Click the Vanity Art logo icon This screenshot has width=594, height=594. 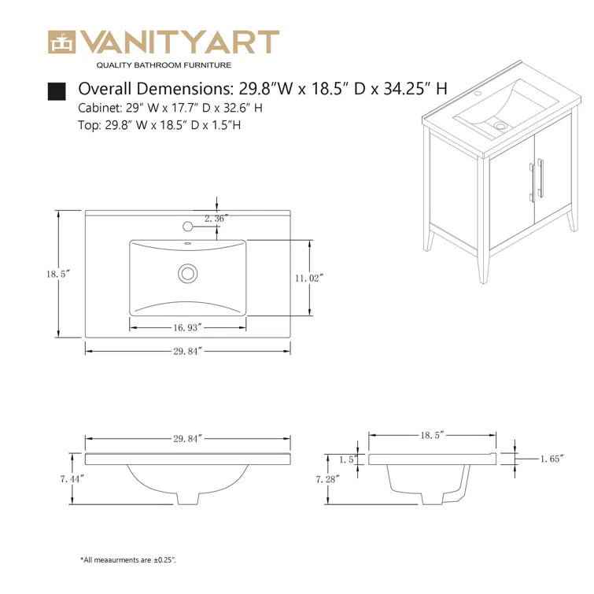click(x=62, y=42)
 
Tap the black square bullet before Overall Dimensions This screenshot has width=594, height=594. click(x=57, y=91)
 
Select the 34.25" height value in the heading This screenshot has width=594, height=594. click(x=415, y=89)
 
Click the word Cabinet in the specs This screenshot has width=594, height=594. click(x=99, y=108)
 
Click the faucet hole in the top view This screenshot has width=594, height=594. click(x=187, y=227)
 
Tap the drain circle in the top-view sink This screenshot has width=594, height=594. click(x=187, y=273)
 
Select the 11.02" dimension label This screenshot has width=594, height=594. click(x=309, y=278)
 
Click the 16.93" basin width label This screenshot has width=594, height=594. click(x=187, y=327)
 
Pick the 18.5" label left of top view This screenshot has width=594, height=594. click(x=59, y=274)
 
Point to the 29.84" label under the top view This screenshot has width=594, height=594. click(x=188, y=351)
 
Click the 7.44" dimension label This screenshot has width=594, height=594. click(x=72, y=479)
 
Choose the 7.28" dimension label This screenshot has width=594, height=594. click(x=328, y=479)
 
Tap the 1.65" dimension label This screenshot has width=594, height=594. click(x=552, y=459)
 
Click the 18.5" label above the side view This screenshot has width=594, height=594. click(x=432, y=435)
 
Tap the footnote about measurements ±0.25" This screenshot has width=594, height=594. click(x=128, y=560)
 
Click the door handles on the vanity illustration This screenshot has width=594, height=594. click(x=537, y=180)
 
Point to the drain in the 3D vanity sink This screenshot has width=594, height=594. click(x=500, y=125)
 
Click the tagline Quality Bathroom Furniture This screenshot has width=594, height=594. click(x=164, y=65)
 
